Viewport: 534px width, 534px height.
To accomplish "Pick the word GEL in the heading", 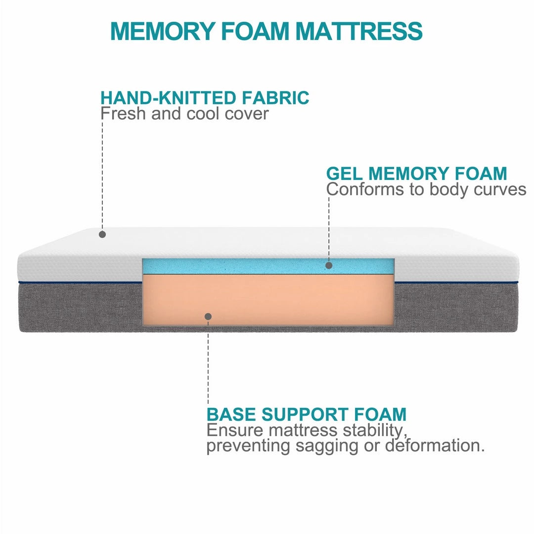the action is (344, 174).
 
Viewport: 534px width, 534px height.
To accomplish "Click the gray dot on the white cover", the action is (102, 234).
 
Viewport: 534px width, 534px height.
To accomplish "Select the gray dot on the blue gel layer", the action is (329, 265).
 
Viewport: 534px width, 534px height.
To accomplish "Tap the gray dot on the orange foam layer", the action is (208, 316).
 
